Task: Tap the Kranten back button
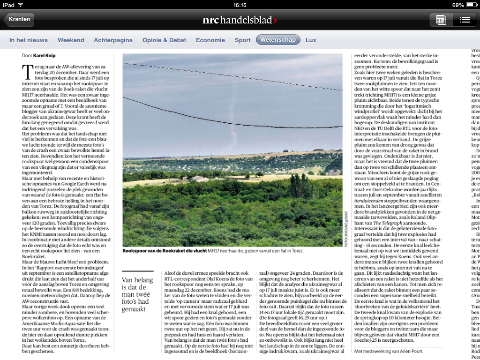[x=19, y=20]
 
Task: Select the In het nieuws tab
[x=29, y=40]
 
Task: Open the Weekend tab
[x=71, y=40]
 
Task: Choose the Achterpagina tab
[x=113, y=40]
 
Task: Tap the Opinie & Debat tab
[x=164, y=40]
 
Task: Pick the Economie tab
[x=210, y=40]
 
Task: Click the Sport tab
[x=242, y=40]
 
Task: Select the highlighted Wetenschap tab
[x=278, y=40]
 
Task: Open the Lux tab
[x=311, y=40]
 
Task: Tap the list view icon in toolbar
[x=465, y=20]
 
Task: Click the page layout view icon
[x=441, y=20]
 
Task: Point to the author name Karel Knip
[x=44, y=56]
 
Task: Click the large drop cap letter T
[x=28, y=72]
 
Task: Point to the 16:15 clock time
[x=240, y=5]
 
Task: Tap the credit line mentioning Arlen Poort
[x=389, y=351]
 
